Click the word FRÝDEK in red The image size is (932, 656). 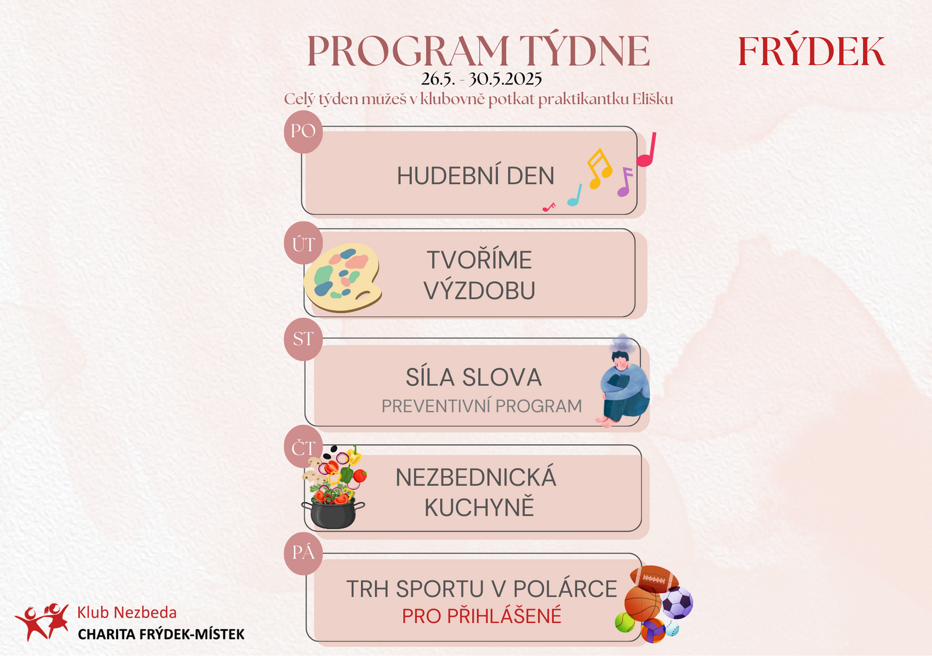[811, 51]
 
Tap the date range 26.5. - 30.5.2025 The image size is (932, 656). [481, 79]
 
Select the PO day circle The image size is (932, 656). [303, 132]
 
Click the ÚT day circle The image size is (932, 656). [303, 243]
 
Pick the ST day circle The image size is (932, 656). [303, 339]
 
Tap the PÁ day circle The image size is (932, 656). [303, 554]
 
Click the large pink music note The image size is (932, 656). [646, 150]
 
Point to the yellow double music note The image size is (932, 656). [599, 168]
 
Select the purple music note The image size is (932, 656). [625, 182]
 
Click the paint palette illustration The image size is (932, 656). [343, 277]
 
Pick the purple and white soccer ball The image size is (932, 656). [677, 602]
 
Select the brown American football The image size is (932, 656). [654, 579]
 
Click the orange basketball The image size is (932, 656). [643, 604]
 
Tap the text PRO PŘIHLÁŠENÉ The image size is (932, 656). [481, 616]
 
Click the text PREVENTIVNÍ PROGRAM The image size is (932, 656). [481, 406]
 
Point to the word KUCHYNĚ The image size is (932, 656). [479, 507]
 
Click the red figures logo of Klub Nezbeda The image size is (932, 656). [42, 622]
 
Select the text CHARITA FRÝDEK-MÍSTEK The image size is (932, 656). [161, 634]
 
